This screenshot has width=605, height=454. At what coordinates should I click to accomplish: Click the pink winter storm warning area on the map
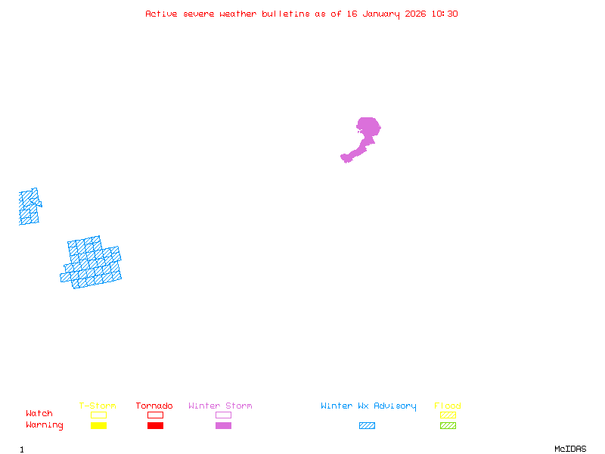click(367, 130)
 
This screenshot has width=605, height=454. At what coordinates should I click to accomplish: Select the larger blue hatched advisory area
click(92, 263)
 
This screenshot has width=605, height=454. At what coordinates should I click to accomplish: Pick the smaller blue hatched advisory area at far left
click(29, 207)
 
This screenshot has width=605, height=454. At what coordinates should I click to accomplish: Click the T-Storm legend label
click(98, 406)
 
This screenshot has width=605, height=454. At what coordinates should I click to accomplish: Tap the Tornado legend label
click(154, 406)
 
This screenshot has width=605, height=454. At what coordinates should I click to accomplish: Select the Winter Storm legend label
click(220, 406)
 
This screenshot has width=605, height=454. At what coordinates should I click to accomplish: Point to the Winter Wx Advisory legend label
click(368, 406)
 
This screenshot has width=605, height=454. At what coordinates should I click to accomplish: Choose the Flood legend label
click(448, 406)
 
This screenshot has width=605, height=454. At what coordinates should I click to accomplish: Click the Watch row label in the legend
click(39, 414)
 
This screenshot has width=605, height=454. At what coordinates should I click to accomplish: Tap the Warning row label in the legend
click(45, 425)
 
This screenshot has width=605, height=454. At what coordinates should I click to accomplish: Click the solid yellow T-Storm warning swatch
click(98, 426)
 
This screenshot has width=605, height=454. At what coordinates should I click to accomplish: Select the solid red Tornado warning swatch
click(155, 426)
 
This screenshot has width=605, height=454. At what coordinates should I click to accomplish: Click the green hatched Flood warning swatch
click(448, 426)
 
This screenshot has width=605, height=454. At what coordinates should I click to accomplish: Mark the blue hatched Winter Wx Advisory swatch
click(367, 426)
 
